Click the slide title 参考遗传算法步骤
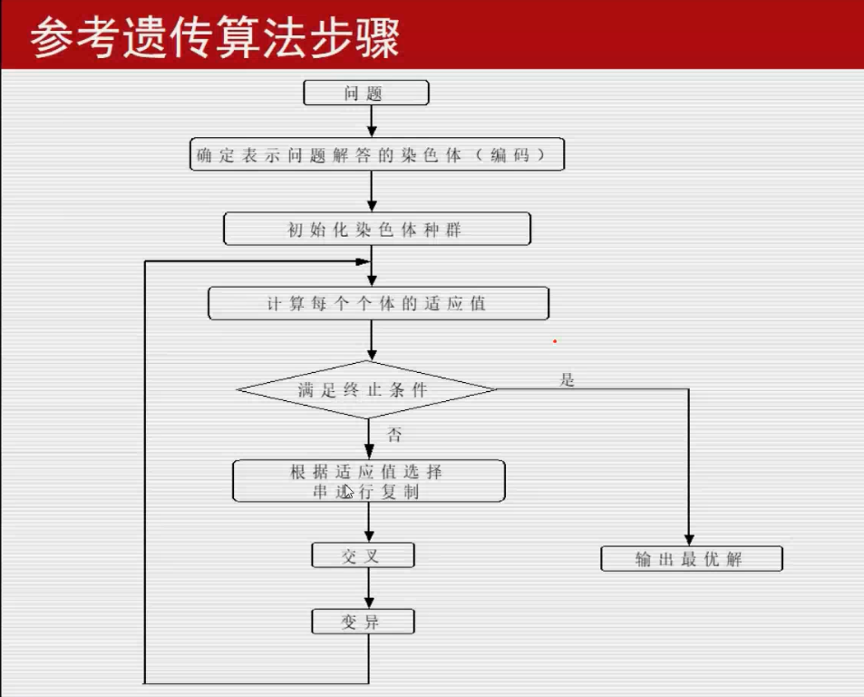pos(215,39)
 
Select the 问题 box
pos(365,93)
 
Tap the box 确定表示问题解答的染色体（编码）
pos(377,154)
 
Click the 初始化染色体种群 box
pos(376,230)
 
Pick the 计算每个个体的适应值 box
pos(378,303)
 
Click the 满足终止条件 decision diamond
pos(365,390)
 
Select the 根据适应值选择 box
pos(368,481)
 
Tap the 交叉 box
pos(363,555)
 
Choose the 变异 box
pos(363,622)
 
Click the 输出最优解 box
pos(691,558)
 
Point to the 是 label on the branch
pos(568,379)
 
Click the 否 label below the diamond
pos(395,435)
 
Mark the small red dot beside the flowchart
pos(555,342)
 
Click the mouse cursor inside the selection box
pos(348,491)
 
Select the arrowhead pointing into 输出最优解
pos(689,539)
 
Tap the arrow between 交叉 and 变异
pos(369,588)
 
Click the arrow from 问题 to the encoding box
pos(371,122)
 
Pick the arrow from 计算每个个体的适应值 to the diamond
pos(371,340)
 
